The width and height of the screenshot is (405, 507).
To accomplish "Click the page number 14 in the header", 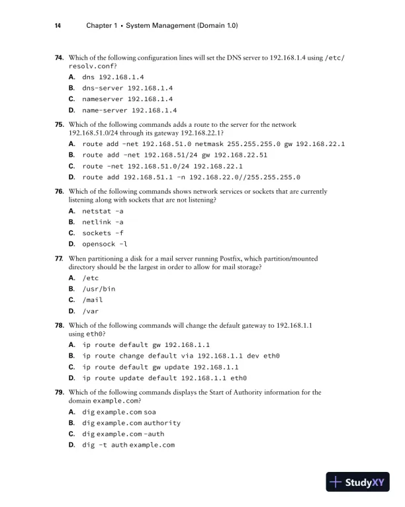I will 58,26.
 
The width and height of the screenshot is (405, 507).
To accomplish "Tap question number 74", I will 59,59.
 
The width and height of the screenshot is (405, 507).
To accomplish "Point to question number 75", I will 59,124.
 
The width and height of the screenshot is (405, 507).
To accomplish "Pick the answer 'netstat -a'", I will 103,211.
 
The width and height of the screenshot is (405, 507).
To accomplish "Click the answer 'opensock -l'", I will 105,245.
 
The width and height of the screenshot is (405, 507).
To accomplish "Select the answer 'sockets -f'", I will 103,233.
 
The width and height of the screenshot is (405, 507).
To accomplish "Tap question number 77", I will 59,258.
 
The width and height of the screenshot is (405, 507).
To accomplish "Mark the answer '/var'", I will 90,311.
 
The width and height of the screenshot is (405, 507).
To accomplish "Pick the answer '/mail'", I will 92,300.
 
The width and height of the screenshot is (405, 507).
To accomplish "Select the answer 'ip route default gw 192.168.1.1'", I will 146,344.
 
